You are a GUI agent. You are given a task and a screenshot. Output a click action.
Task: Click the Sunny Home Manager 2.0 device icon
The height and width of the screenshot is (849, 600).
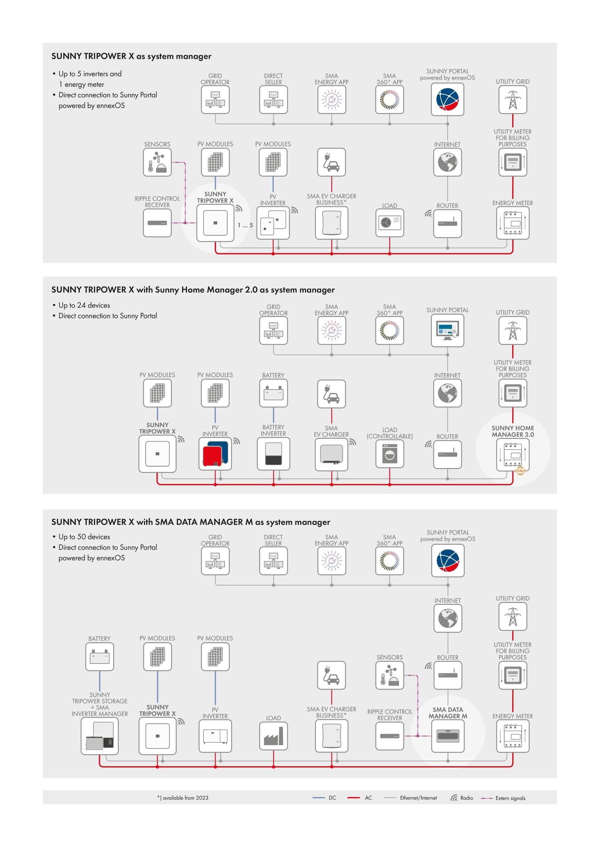[x=513, y=455]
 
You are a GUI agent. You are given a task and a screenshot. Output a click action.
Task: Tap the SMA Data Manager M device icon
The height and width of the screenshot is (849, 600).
[x=448, y=736]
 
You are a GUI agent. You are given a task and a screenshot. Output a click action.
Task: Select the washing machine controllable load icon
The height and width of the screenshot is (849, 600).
[x=390, y=454]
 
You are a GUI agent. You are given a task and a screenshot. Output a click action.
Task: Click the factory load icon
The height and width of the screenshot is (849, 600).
[x=274, y=736]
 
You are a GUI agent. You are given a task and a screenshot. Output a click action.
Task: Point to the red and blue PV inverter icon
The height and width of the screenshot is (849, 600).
[x=215, y=454]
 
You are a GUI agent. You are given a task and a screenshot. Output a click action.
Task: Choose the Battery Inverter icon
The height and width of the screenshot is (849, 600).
[x=274, y=454]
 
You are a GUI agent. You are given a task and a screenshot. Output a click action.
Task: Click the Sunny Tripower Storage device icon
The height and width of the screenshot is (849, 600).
[x=100, y=736]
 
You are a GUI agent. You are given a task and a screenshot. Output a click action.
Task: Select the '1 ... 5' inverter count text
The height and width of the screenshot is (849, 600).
[x=245, y=225]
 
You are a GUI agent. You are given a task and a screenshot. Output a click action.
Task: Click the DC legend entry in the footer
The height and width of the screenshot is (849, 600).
[x=324, y=797]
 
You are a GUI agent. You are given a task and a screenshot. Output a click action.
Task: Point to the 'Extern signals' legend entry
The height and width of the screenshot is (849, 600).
[x=503, y=798]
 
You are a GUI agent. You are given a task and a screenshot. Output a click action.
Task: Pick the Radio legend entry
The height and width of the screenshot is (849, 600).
[x=462, y=797]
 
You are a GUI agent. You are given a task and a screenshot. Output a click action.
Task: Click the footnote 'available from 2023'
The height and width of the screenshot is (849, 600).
[x=183, y=797]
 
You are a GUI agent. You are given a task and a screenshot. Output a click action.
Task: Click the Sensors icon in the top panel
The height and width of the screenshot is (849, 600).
[x=157, y=162]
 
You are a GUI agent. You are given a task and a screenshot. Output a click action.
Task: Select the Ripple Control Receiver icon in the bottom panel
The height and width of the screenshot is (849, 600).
[x=390, y=736]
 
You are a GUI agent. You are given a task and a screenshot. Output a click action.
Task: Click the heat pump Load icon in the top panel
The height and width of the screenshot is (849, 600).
[x=390, y=223]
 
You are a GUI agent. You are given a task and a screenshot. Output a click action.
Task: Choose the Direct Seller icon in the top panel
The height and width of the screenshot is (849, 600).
[x=274, y=100]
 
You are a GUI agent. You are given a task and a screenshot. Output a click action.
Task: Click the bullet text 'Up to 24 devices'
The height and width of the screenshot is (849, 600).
[x=84, y=305]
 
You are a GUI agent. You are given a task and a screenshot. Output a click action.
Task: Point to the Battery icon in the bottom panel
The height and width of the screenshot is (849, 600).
[x=100, y=657]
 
